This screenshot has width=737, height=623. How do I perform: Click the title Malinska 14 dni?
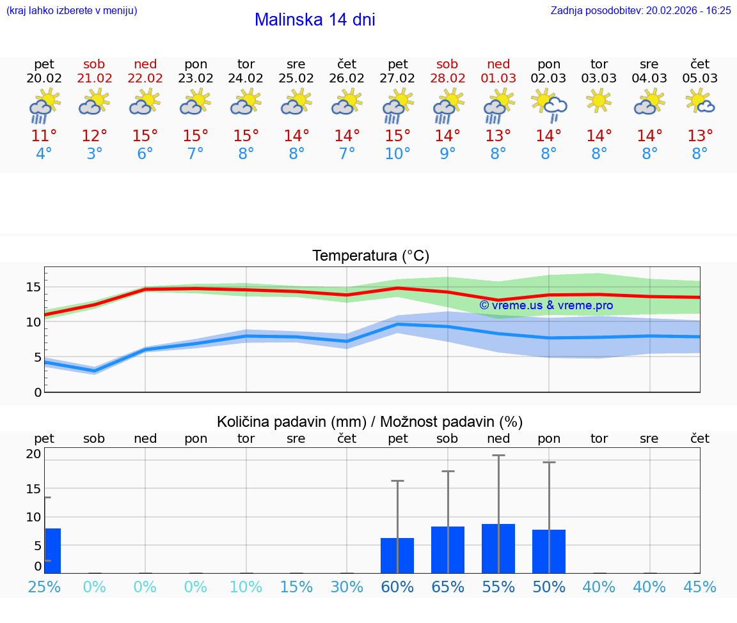click(315, 20)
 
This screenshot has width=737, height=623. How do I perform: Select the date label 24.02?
click(246, 79)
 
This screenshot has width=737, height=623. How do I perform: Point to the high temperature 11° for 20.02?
click(44, 136)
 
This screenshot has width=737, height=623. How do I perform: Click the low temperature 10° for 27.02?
click(397, 154)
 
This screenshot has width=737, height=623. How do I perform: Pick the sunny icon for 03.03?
click(599, 101)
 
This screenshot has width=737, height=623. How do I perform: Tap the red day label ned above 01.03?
click(498, 64)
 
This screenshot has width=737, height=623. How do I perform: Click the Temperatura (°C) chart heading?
click(370, 256)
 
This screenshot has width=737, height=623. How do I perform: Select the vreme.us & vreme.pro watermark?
click(546, 305)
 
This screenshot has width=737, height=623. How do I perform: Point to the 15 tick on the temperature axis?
click(33, 287)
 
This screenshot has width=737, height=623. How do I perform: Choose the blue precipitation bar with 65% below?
click(447, 550)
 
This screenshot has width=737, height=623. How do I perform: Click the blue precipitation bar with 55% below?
click(498, 548)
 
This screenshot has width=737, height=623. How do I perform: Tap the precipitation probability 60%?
click(397, 587)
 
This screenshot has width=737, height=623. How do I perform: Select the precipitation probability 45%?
click(700, 587)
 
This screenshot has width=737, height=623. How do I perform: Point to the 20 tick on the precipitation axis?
click(33, 454)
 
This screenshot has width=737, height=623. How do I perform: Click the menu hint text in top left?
click(71, 10)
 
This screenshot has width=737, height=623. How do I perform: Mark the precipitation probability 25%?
click(44, 587)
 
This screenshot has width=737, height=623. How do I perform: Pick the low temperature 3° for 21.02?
click(94, 154)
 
